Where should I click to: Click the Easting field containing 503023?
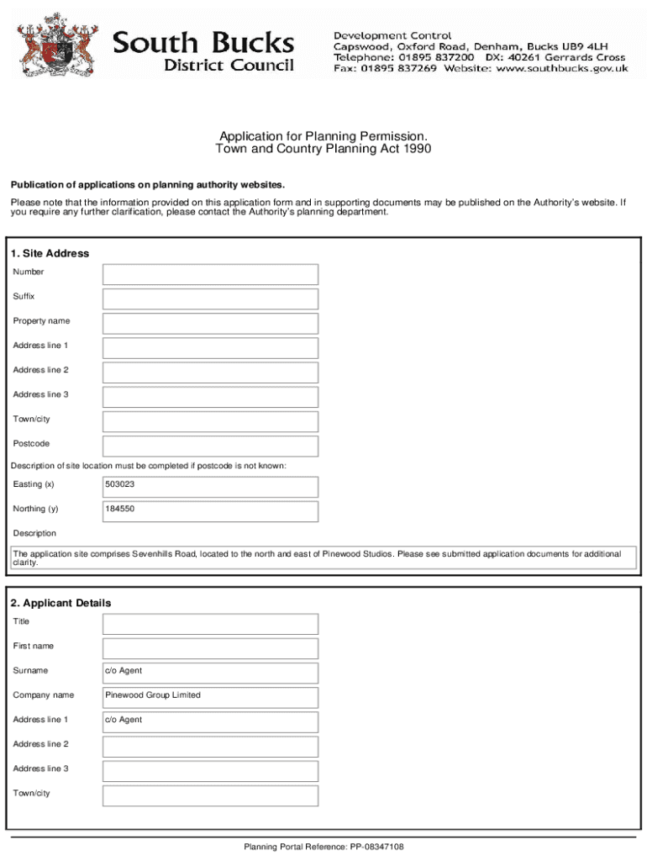pyautogui.click(x=210, y=486)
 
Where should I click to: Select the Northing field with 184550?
pyautogui.click(x=210, y=510)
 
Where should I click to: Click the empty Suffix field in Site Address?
pyautogui.click(x=210, y=298)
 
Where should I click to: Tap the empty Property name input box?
pyautogui.click(x=210, y=323)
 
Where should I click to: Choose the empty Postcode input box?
pyautogui.click(x=210, y=446)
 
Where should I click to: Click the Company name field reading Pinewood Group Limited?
pyautogui.click(x=210, y=696)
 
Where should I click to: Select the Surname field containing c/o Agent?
pyautogui.click(x=210, y=672)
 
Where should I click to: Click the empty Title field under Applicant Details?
pyautogui.click(x=210, y=623)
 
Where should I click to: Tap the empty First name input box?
pyautogui.click(x=210, y=647)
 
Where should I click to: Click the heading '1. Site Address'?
pyautogui.click(x=50, y=254)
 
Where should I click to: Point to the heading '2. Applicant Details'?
pyautogui.click(x=60, y=604)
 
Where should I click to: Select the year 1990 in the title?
pyautogui.click(x=416, y=149)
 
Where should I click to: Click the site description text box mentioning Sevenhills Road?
pyautogui.click(x=323, y=558)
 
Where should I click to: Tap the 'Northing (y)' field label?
pyautogui.click(x=35, y=509)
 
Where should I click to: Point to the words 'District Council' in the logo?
pyautogui.click(x=229, y=66)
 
